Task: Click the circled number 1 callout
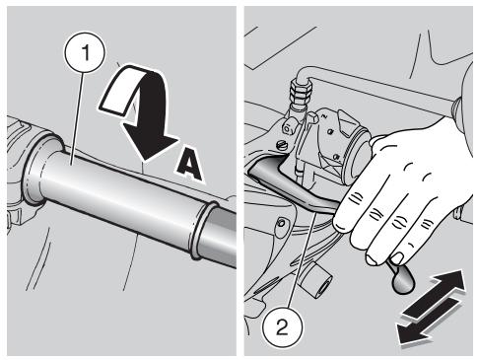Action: click(86, 52)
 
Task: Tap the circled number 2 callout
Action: click(283, 326)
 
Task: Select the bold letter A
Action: click(189, 165)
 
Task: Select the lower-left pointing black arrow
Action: click(427, 323)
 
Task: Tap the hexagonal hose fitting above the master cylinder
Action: click(301, 93)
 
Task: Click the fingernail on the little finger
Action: click(398, 258)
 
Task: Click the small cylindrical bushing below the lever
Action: click(317, 279)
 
